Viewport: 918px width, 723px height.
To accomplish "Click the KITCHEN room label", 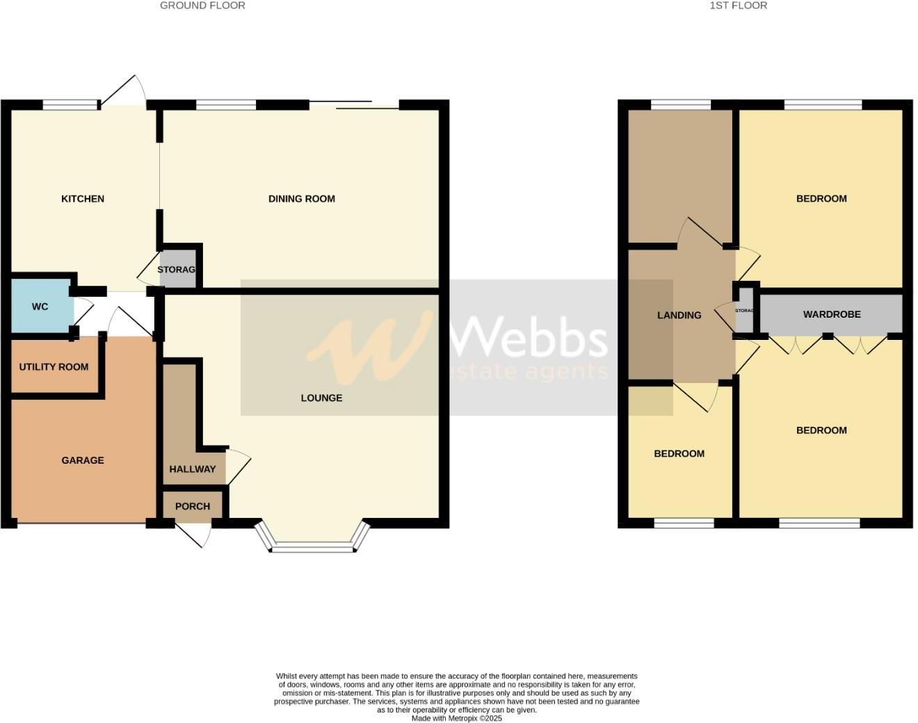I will point(83,199).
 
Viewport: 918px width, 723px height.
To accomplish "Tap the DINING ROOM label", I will point(301,199).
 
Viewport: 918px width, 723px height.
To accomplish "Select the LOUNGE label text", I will point(321,398).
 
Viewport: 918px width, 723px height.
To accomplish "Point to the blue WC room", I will point(40,307).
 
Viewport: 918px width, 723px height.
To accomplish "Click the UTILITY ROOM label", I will point(54,367).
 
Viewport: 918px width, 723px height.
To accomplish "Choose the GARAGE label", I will point(83,460).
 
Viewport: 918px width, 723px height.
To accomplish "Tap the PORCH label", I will point(193,506).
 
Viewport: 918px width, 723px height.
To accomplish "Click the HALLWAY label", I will point(193,469).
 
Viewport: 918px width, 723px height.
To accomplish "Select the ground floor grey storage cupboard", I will point(177,270).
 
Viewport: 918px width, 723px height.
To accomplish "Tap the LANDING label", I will point(679,315).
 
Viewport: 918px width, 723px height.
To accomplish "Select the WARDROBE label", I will point(832,314).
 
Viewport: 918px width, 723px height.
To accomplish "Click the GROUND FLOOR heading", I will point(202,6).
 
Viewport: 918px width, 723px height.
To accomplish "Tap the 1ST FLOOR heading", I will point(739,6).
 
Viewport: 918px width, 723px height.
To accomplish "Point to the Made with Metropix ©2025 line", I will point(456,718).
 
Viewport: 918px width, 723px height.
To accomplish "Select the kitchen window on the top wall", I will point(71,106).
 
